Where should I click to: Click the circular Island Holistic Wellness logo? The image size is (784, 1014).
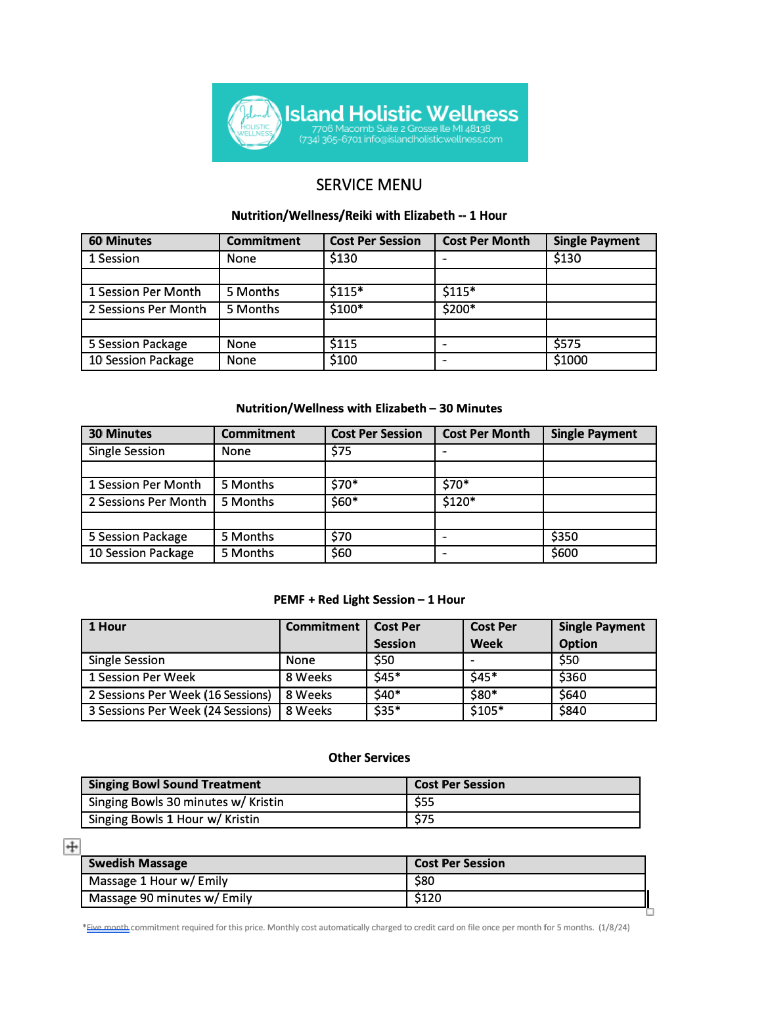[254, 123]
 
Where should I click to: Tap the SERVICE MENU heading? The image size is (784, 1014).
[368, 185]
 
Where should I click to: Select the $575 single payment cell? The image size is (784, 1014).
[567, 344]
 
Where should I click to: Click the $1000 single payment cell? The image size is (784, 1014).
[570, 360]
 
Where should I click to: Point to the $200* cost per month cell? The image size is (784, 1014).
[459, 309]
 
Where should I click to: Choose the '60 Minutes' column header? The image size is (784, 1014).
[120, 241]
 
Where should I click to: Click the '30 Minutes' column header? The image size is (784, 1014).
[120, 434]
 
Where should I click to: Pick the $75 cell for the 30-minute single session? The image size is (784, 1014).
[341, 451]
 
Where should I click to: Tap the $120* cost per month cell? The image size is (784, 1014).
[459, 502]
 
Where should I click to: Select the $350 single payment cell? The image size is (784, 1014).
[564, 536]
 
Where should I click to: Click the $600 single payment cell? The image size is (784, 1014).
[564, 553]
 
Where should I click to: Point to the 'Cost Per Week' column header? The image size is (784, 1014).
[493, 635]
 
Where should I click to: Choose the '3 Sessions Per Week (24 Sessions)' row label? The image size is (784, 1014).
[180, 711]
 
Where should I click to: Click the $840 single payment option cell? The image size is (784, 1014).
[572, 711]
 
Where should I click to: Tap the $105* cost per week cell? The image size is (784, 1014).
[487, 711]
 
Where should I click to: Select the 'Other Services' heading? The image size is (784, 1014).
[369, 757]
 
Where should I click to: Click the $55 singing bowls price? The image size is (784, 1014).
[424, 802]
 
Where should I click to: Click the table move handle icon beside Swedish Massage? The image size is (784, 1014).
[72, 846]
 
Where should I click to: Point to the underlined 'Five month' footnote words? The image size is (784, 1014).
[108, 927]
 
